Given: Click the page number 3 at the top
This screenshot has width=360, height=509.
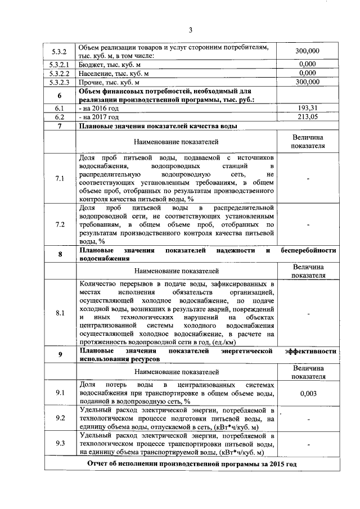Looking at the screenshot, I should click(191, 30).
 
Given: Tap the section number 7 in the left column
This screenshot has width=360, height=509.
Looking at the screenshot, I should click(60, 125).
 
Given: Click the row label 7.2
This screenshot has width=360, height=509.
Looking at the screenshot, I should click(60, 224).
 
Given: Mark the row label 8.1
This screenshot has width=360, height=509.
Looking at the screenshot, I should click(60, 313).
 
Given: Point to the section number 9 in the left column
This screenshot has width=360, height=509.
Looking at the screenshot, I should click(60, 354).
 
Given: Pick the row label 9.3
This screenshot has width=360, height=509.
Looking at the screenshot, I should click(60, 443).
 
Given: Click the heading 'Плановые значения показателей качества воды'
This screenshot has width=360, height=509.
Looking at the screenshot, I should click(158, 125).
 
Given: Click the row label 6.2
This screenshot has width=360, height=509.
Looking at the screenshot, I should click(60, 116).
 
